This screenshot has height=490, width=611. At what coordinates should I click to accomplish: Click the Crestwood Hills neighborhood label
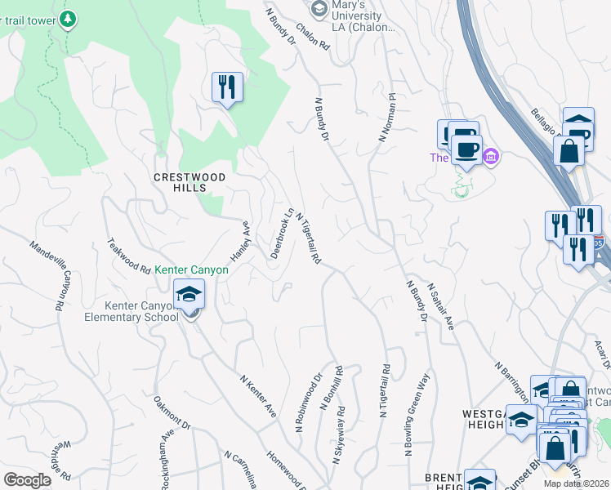189,181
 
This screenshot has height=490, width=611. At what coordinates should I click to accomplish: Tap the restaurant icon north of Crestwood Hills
227,87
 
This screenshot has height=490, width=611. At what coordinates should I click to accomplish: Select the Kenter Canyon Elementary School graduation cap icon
189,293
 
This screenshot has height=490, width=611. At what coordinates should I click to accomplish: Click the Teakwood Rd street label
129,256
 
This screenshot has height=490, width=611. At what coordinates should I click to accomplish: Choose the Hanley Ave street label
239,240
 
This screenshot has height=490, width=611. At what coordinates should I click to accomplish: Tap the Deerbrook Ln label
281,234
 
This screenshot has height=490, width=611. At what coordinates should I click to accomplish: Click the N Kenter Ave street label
257,396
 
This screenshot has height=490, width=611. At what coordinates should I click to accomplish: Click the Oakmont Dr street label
172,414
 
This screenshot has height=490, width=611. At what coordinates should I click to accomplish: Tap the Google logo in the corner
27,480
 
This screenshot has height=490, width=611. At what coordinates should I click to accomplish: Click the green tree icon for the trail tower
68,18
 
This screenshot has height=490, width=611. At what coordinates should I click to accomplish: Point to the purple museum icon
490,156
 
